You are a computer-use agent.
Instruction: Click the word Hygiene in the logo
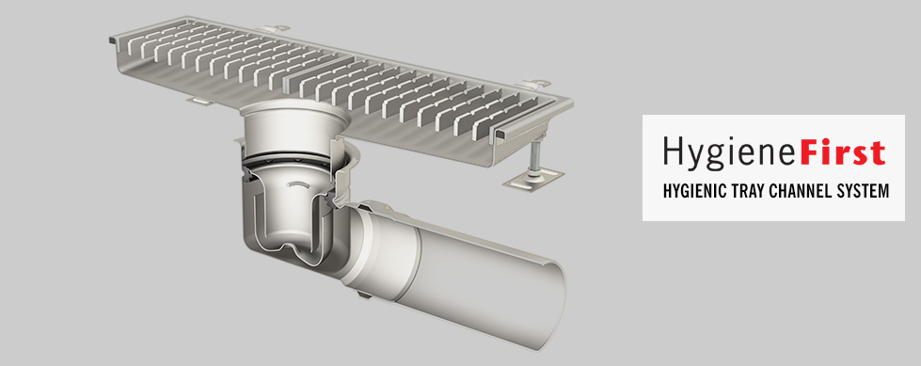click(729, 152)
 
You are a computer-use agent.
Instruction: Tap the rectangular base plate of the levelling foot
click(533, 178)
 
